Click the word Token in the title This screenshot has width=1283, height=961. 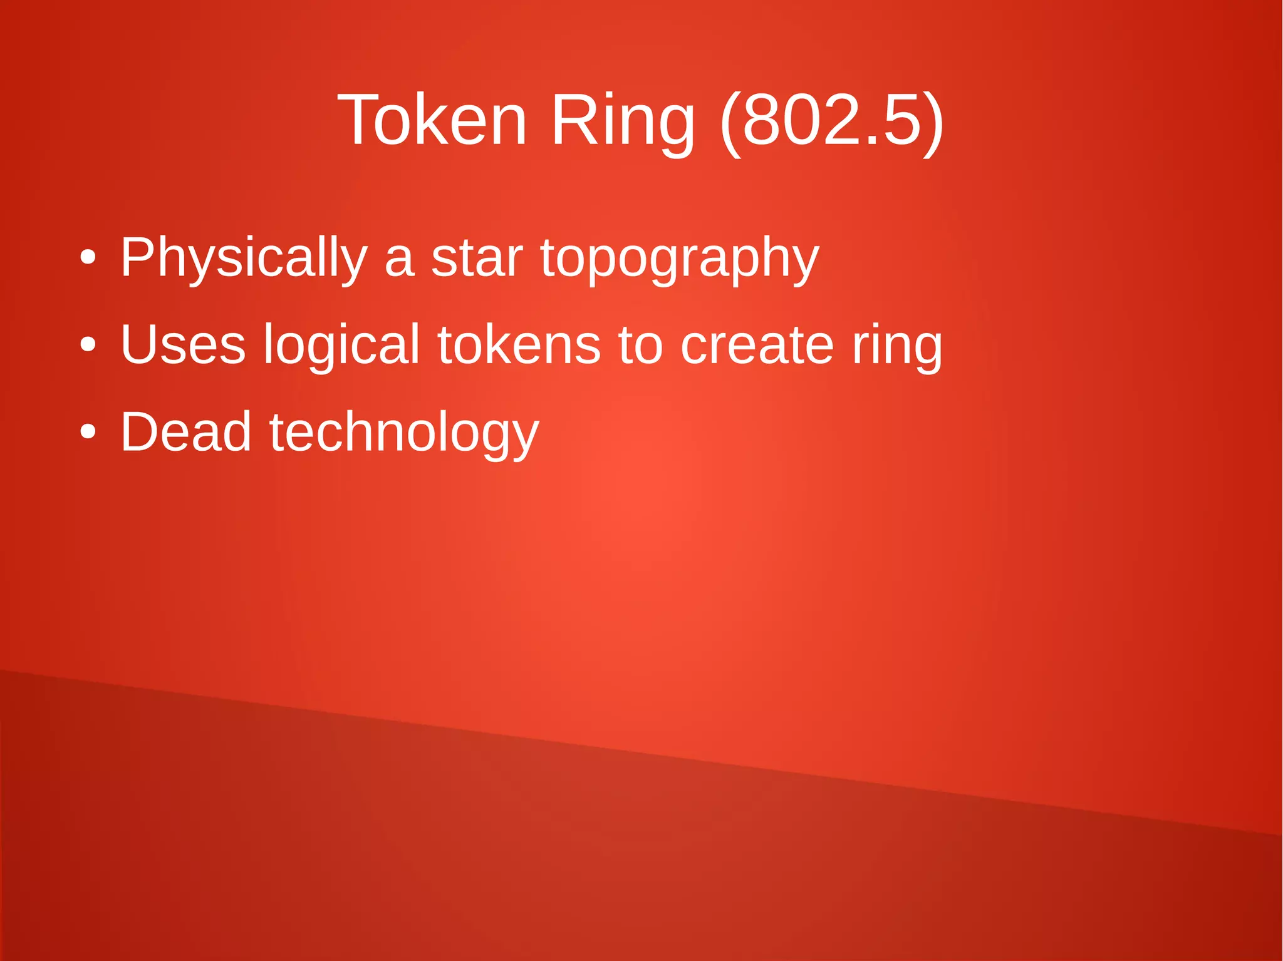coord(432,120)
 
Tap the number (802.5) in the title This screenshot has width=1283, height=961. coord(831,121)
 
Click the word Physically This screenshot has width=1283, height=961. coord(244,258)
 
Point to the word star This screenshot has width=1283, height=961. coord(477,258)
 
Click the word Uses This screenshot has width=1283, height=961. coord(183,344)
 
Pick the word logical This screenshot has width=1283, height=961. coord(341,346)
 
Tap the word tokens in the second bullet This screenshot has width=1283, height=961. coord(519,344)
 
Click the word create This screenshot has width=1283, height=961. coord(757,346)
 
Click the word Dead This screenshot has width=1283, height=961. coord(186,432)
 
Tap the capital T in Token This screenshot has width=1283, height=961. coord(360,120)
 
